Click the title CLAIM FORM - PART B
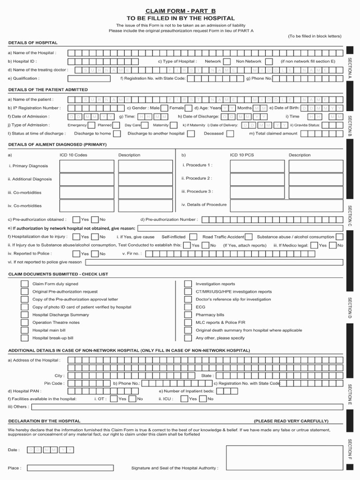(180, 10)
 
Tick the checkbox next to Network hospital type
(226, 61)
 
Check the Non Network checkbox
(268, 61)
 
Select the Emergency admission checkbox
(91, 125)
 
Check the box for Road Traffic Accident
(249, 237)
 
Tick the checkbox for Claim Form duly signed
(24, 284)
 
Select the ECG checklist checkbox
(187, 307)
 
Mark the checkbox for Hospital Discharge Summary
(24, 315)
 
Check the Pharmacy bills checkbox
(187, 315)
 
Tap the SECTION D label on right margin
(350, 307)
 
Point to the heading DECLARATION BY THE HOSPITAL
(44, 421)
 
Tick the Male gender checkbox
(165, 108)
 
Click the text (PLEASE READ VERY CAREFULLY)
(291, 421)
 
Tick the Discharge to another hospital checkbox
(191, 134)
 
